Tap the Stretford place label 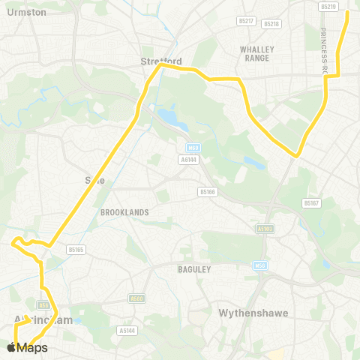(161, 61)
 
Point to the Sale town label (94, 180)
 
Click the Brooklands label (124, 212)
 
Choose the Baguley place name (194, 268)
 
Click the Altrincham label (43, 320)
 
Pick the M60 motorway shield (193, 147)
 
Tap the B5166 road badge (208, 192)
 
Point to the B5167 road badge (311, 203)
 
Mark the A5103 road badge (264, 229)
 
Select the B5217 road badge (246, 20)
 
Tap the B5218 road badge (271, 24)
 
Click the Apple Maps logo (27, 347)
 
